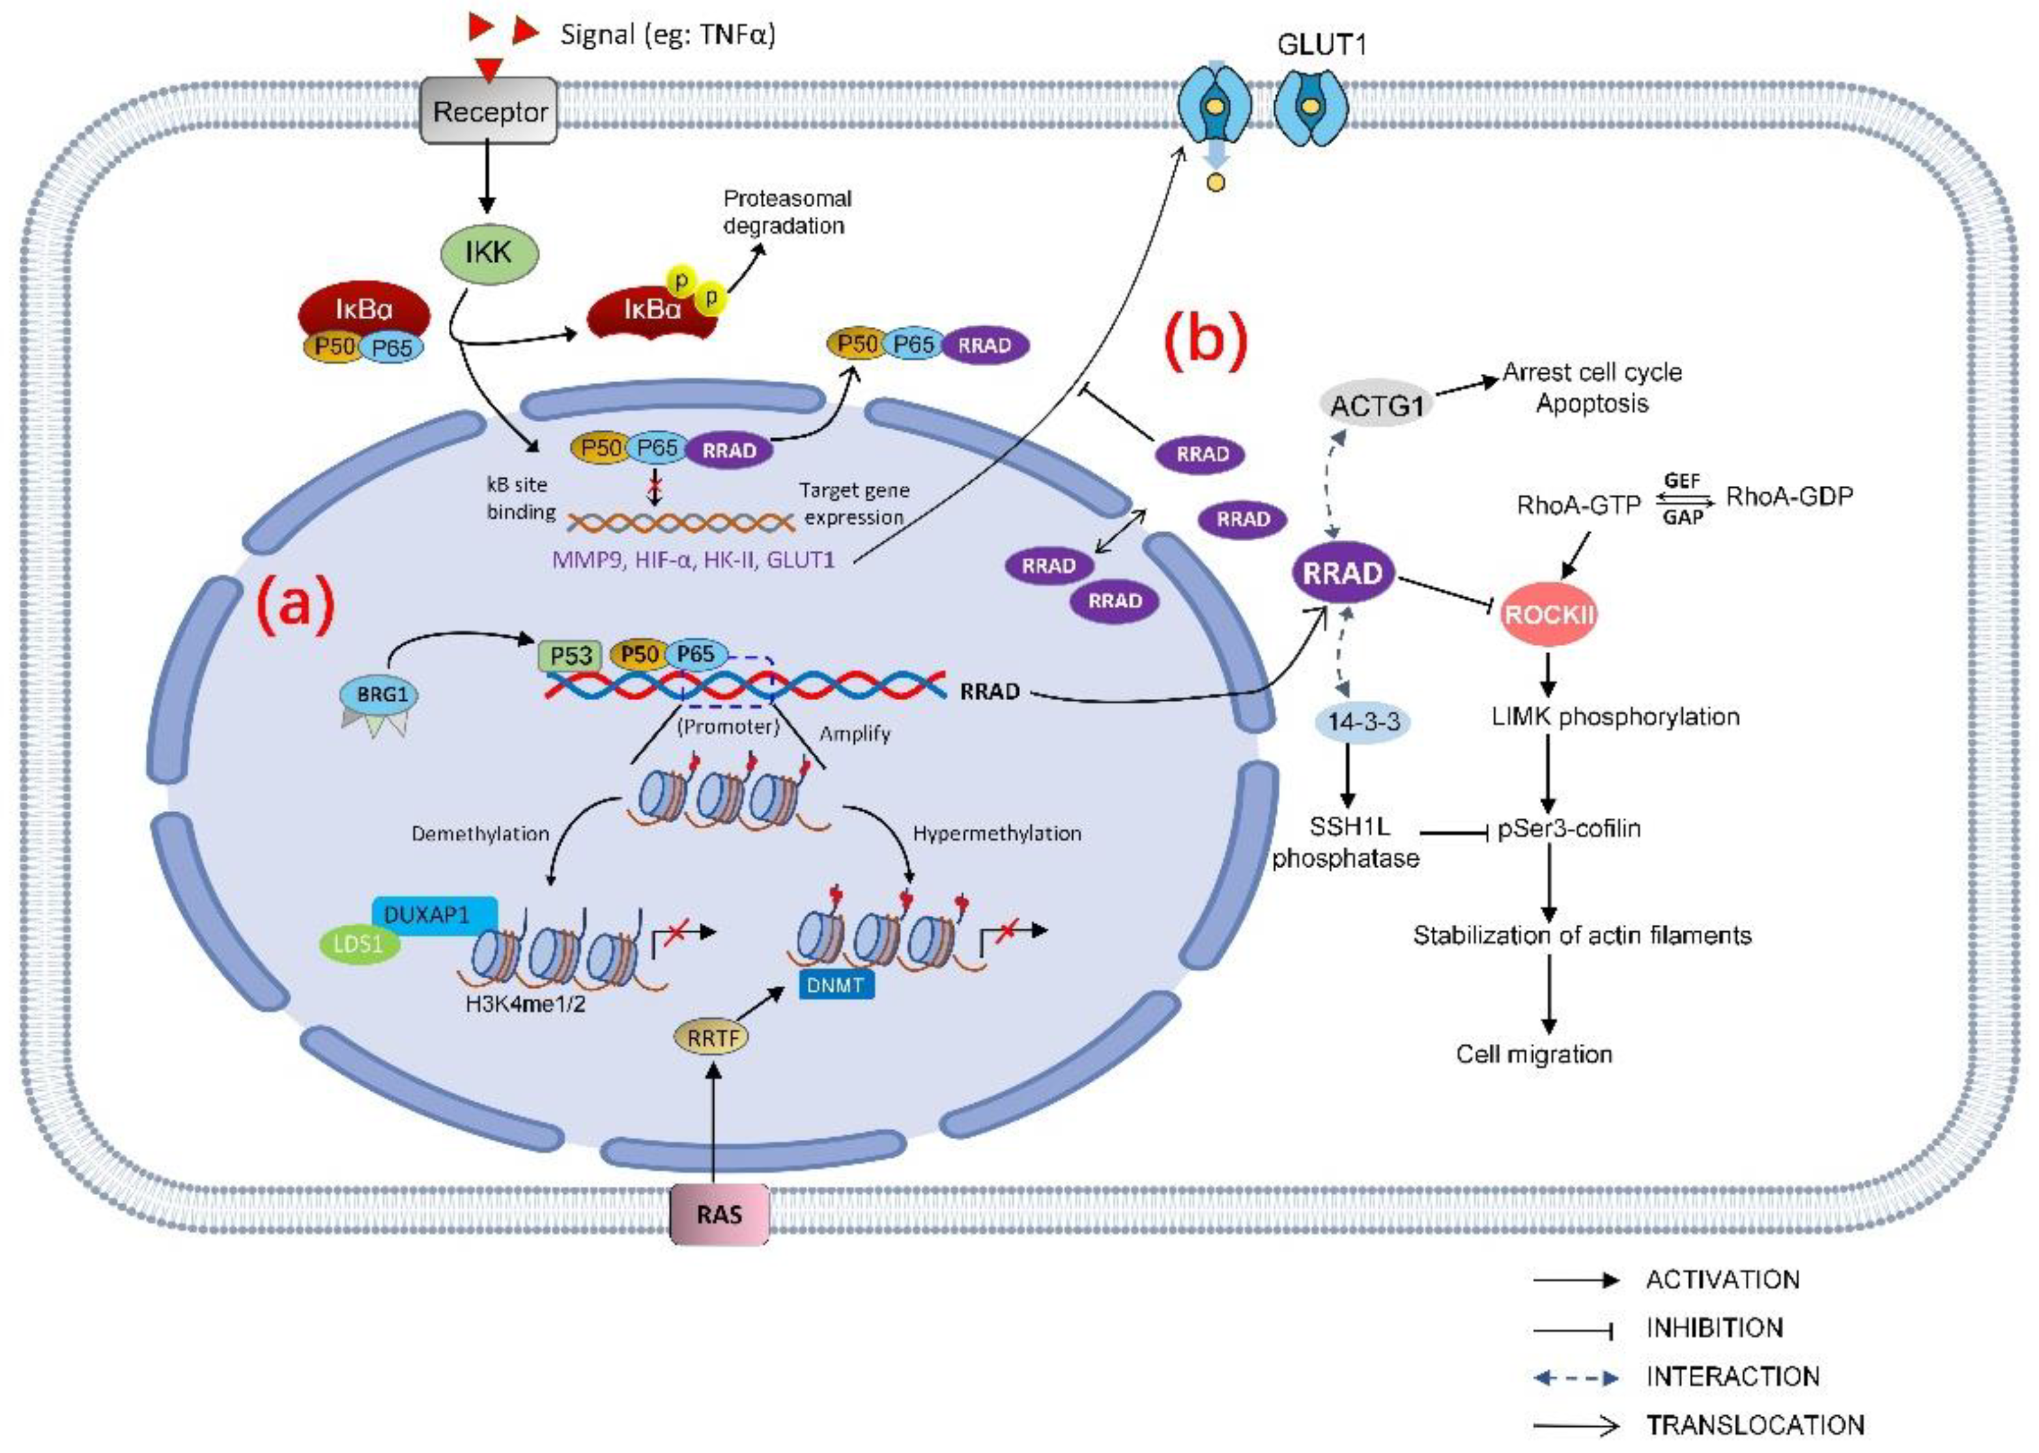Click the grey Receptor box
489,111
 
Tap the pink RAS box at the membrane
719,1214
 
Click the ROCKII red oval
1548,615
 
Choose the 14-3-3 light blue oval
1363,721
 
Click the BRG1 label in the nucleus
381,694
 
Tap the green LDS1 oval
359,944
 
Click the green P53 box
571,656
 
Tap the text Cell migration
1533,1054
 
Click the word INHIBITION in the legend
1714,1328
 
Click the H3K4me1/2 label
525,1004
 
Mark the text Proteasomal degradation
786,212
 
